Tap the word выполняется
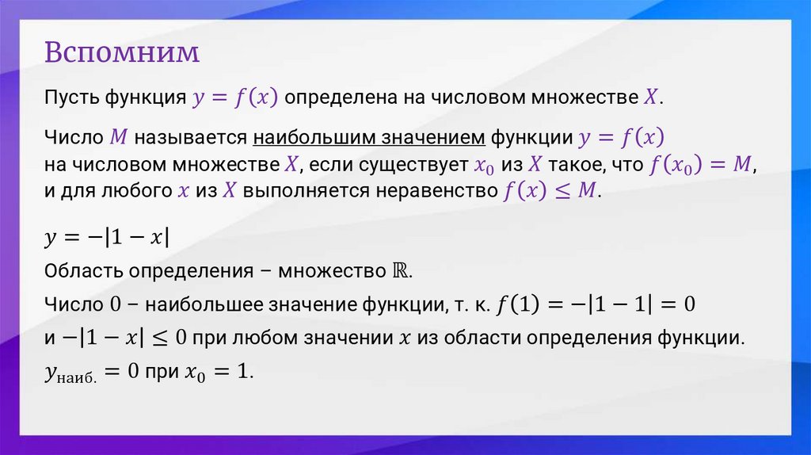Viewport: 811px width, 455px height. (291, 191)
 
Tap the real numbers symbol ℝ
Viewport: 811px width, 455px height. (401, 270)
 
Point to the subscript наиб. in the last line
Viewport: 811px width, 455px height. (81, 377)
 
